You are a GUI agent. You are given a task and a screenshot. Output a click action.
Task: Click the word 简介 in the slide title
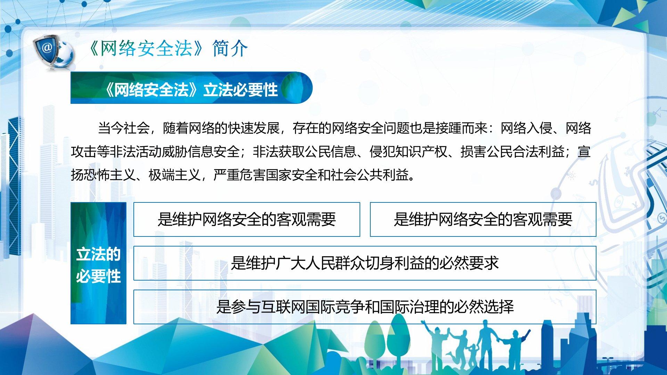pos(230,48)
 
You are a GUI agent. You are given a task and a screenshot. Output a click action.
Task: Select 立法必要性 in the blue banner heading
pos(240,90)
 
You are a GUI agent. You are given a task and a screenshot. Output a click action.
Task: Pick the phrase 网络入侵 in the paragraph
pos(526,128)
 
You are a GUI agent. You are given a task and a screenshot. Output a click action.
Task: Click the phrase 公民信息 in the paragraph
pos(330,152)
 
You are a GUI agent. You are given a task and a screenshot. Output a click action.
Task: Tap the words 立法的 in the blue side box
pos(98,255)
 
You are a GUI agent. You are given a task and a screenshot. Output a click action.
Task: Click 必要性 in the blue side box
pos(98,277)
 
